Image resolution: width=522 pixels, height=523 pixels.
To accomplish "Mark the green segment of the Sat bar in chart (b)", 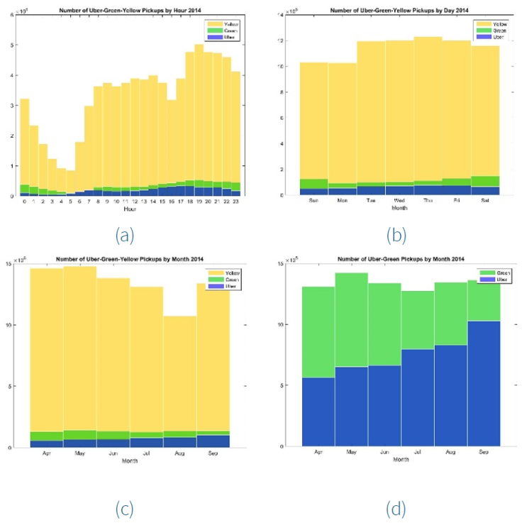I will (x=487, y=181).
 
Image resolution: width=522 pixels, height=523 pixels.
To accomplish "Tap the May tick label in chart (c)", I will (x=80, y=453).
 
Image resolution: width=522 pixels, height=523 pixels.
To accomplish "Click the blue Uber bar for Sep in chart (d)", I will (x=483, y=383).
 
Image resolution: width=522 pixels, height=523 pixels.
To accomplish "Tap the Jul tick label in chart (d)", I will (x=416, y=452).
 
